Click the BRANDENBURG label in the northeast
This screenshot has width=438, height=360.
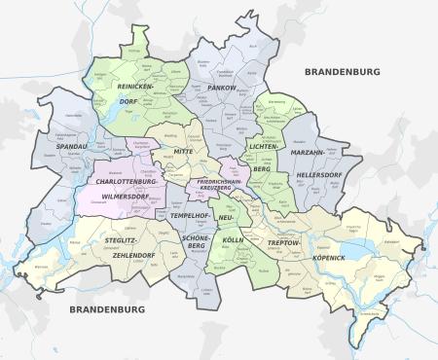coord(344,72)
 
